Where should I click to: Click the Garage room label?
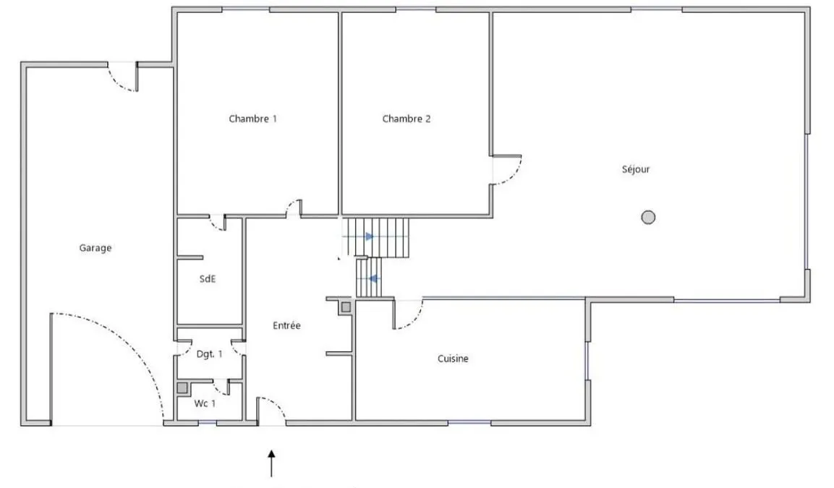coord(95,248)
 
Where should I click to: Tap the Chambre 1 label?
coord(252,119)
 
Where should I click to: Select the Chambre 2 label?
coord(407,119)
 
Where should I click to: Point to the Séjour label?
coord(636,169)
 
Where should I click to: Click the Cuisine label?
coord(454,359)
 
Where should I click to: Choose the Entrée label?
coord(286,325)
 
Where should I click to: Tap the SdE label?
coord(208,278)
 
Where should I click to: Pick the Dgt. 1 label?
coord(210,354)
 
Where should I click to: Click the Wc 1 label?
coord(205,403)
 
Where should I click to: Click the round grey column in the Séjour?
coord(648,217)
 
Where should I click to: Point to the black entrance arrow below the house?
coord(272,463)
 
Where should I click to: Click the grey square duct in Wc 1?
coord(182,389)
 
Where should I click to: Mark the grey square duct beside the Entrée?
coord(346,307)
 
